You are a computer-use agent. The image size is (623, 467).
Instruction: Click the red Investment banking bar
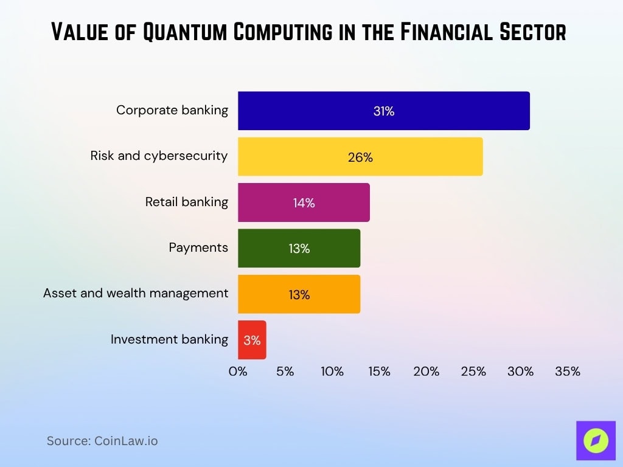[252, 340]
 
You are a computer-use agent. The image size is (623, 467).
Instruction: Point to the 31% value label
[384, 111]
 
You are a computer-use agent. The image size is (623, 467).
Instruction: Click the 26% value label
[360, 157]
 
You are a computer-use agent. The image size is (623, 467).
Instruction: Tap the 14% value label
[304, 203]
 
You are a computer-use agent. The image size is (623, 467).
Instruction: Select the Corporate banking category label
[172, 110]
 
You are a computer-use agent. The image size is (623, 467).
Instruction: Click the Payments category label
[198, 247]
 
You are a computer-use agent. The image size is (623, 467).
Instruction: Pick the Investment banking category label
[169, 339]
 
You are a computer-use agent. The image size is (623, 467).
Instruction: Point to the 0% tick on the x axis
[238, 371]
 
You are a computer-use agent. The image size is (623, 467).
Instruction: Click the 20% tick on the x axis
[426, 371]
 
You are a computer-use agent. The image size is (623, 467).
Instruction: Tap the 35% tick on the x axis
[568, 371]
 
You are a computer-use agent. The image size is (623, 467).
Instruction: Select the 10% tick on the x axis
[332, 371]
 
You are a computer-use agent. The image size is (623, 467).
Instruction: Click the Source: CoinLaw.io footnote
[102, 441]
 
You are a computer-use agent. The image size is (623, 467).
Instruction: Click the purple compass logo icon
[596, 440]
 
